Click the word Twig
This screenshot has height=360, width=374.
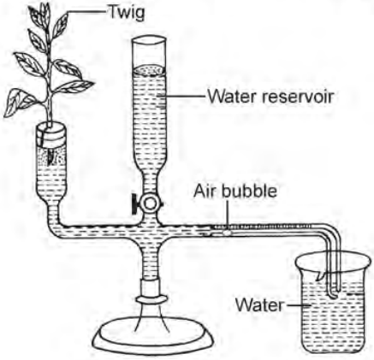[x=127, y=12]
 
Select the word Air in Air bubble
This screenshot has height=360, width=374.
[x=205, y=191]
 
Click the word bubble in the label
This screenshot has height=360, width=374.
[x=249, y=191]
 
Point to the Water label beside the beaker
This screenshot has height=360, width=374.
[x=258, y=304]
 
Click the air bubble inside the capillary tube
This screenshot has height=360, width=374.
[x=227, y=233]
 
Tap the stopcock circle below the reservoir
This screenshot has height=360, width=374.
[x=151, y=204]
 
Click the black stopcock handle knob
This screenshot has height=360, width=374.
[x=134, y=204]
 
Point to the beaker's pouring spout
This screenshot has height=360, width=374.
[x=319, y=275]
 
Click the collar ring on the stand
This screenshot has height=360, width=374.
[x=150, y=299]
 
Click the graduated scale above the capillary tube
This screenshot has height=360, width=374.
[x=262, y=227]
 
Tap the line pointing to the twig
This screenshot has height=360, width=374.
[x=86, y=12]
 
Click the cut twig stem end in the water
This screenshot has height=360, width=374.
[x=51, y=160]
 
